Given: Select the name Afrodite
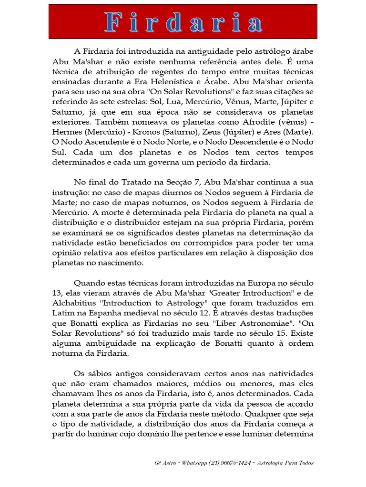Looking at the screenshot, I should coord(259,121).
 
